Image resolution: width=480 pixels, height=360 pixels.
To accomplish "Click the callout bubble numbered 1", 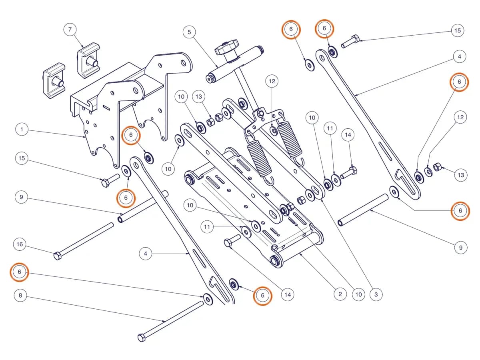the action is (22, 129).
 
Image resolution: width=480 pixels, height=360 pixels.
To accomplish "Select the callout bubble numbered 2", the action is (340, 294).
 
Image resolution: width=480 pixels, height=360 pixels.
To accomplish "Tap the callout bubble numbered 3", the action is (376, 294).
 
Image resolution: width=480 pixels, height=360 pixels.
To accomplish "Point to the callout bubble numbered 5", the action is (189, 32).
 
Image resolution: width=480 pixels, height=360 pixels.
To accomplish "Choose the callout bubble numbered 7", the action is (70, 29).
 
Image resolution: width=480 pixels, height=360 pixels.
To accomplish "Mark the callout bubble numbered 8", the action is (20, 296).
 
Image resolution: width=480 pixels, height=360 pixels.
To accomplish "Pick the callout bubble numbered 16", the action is (20, 244).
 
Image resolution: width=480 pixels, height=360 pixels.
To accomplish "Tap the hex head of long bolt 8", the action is (142, 338).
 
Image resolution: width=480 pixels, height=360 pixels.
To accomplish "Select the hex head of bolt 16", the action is (57, 256).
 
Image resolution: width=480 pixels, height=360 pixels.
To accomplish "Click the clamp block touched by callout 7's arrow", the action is (88, 60).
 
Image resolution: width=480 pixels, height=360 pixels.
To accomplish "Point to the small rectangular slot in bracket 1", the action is (106, 107).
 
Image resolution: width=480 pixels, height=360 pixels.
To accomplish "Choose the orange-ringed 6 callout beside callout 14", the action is (263, 296).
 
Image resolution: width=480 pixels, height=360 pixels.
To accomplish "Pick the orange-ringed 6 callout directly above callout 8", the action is (20, 272).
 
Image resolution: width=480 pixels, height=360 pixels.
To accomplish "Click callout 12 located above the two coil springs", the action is (272, 81).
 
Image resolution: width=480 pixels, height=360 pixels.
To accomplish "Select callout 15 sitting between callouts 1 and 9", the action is (22, 158).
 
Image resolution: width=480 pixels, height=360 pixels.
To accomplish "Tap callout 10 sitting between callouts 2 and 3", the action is (358, 294).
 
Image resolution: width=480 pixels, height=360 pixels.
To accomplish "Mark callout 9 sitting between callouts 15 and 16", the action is (21, 197).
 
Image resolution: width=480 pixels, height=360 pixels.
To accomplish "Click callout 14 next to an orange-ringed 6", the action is (288, 295).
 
